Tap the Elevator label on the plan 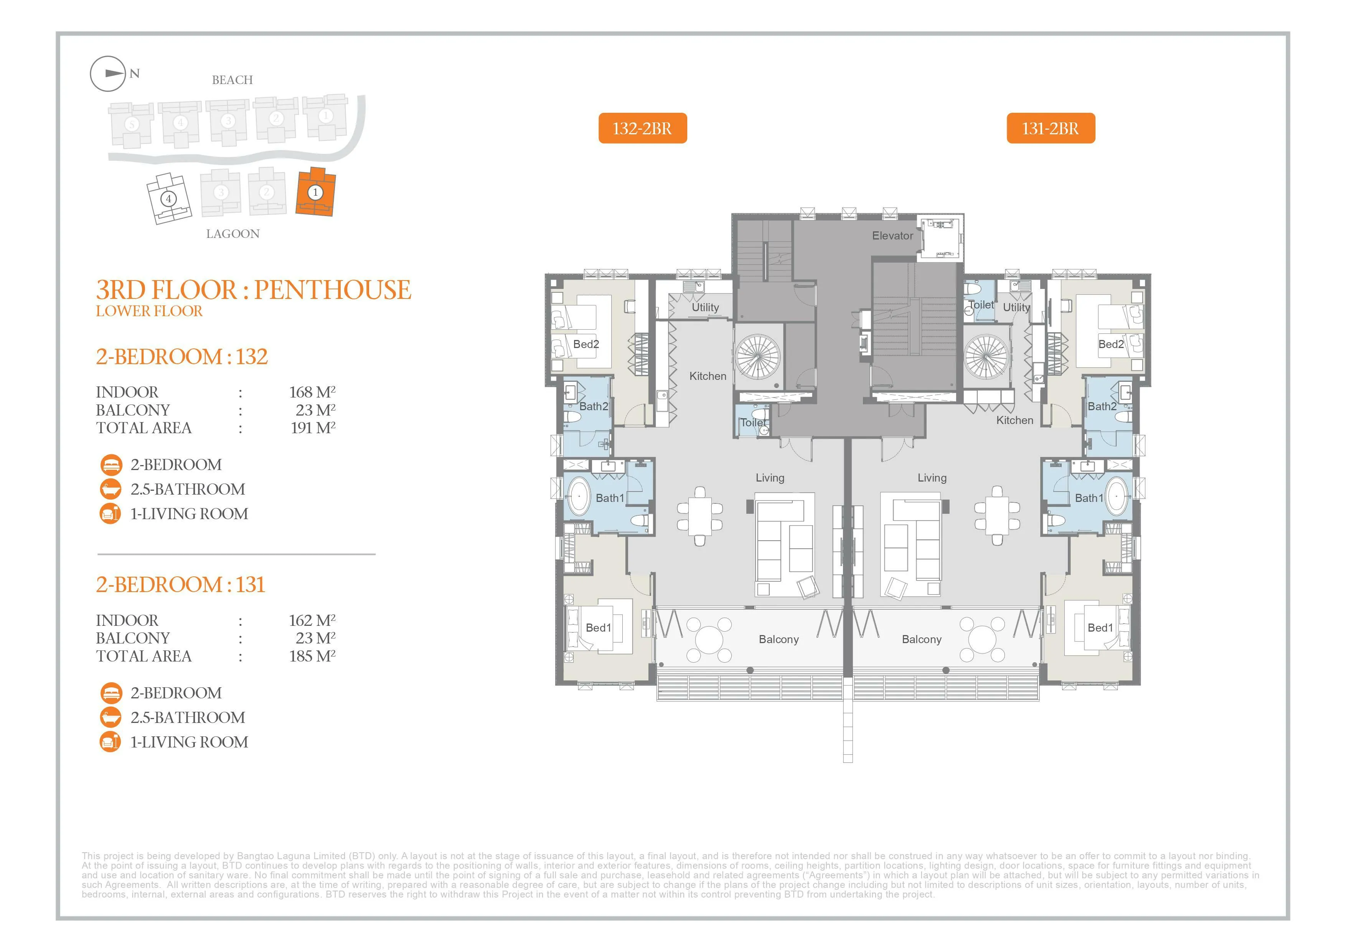point(892,236)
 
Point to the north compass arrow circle point(108,74)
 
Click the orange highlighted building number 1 point(315,192)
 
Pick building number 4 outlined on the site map point(169,199)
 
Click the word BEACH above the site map point(232,80)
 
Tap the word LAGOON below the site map point(233,234)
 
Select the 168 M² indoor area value point(312,392)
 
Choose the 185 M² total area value point(312,656)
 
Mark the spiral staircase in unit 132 point(759,357)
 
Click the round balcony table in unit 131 point(983,639)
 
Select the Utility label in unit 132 point(705,307)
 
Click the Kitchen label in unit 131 point(1015,420)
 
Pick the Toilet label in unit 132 point(753,422)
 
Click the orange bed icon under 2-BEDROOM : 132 point(111,465)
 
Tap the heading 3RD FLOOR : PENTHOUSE point(254,290)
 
